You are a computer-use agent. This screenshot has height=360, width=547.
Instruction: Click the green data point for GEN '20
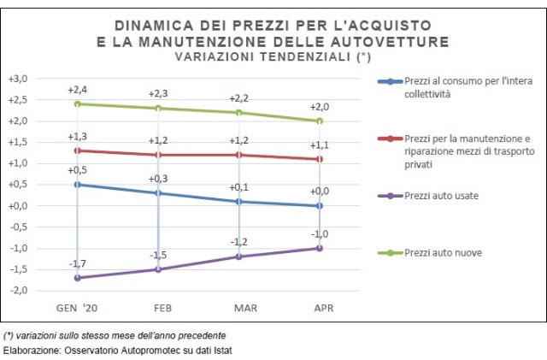click(x=78, y=103)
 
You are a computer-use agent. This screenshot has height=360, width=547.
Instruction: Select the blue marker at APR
click(x=320, y=205)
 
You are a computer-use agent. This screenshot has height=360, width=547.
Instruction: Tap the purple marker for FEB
click(x=158, y=269)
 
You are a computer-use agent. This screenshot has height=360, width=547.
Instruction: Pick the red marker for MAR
click(x=239, y=155)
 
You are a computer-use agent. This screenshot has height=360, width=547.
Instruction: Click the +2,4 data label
click(x=78, y=90)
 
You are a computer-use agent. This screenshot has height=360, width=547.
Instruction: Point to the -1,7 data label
click(x=78, y=264)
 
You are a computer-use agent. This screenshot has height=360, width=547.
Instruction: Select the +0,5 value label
click(x=78, y=170)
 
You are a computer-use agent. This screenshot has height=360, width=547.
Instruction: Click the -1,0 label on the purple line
click(x=320, y=234)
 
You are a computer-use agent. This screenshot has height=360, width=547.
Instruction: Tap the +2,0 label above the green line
click(x=320, y=107)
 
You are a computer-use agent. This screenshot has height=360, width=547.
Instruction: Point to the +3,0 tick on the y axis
click(x=18, y=79)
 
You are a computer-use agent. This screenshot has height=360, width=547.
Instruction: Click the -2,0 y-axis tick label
click(x=18, y=291)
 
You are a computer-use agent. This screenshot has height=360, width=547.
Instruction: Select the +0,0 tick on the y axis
click(x=18, y=206)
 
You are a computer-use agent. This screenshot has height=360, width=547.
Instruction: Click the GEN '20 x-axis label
click(x=78, y=307)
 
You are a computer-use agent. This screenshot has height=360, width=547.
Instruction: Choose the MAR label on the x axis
click(x=239, y=307)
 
